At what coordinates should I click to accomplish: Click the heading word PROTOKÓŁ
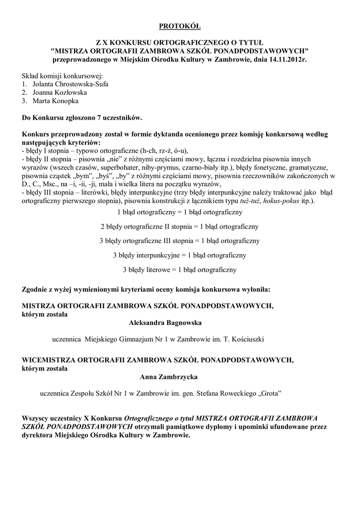[x=180, y=25]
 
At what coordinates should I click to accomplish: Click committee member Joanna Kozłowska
[x=60, y=92]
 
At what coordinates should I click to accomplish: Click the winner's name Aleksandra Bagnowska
[x=165, y=323]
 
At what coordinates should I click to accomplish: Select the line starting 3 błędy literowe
[x=179, y=269]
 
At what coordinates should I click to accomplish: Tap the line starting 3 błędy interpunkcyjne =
[x=179, y=255]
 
